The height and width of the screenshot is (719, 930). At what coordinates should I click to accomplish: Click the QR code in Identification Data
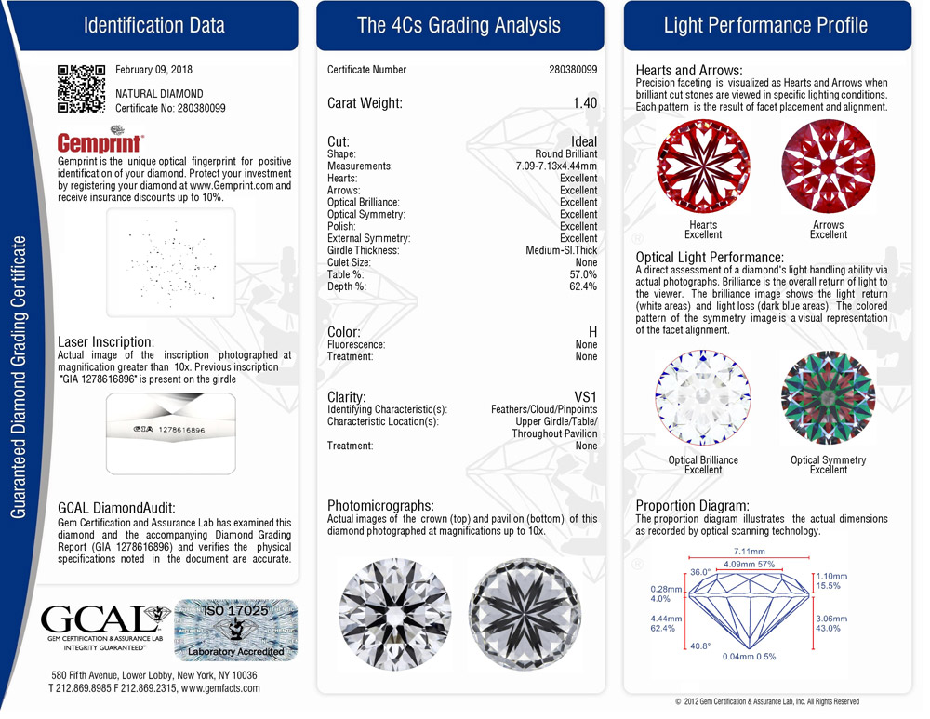click(82, 88)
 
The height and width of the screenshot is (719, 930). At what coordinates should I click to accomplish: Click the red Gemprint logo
click(100, 142)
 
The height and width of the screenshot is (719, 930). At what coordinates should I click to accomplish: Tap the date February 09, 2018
click(153, 70)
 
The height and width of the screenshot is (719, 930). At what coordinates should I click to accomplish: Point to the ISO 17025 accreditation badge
click(236, 630)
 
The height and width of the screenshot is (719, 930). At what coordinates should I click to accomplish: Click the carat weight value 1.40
click(585, 103)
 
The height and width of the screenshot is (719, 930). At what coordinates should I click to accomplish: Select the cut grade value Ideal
click(584, 142)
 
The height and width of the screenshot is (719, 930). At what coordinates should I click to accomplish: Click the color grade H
click(592, 332)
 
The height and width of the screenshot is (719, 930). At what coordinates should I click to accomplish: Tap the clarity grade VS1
click(584, 396)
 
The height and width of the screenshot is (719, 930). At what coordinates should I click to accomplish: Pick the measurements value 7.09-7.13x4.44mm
click(556, 166)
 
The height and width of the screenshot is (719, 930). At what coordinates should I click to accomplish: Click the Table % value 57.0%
click(582, 274)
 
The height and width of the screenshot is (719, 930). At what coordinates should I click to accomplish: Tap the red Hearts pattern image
click(702, 167)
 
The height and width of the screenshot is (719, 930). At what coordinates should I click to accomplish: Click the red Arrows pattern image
click(828, 167)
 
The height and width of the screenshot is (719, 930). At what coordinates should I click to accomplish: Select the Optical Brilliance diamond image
click(702, 397)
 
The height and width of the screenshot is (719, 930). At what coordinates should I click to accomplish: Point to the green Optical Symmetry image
click(828, 397)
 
